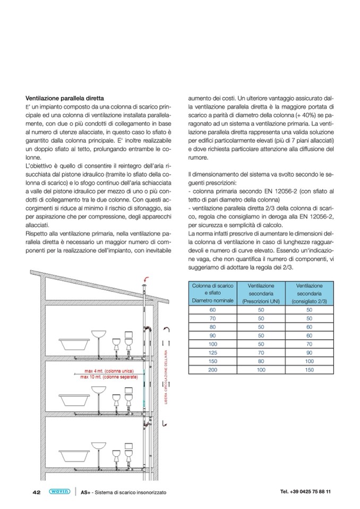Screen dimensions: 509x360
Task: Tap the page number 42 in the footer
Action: pyautogui.click(x=37, y=492)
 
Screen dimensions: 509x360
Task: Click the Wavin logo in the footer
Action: pyautogui.click(x=59, y=491)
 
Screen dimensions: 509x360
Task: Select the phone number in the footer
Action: pyautogui.click(x=305, y=491)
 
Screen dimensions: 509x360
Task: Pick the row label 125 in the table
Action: pyautogui.click(x=213, y=352)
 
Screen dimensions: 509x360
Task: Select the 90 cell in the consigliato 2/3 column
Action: pyautogui.click(x=310, y=352)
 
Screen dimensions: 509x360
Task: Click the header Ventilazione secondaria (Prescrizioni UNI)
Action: pyautogui.click(x=261, y=294)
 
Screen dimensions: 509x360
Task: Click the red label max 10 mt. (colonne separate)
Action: pyautogui.click(x=109, y=377)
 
